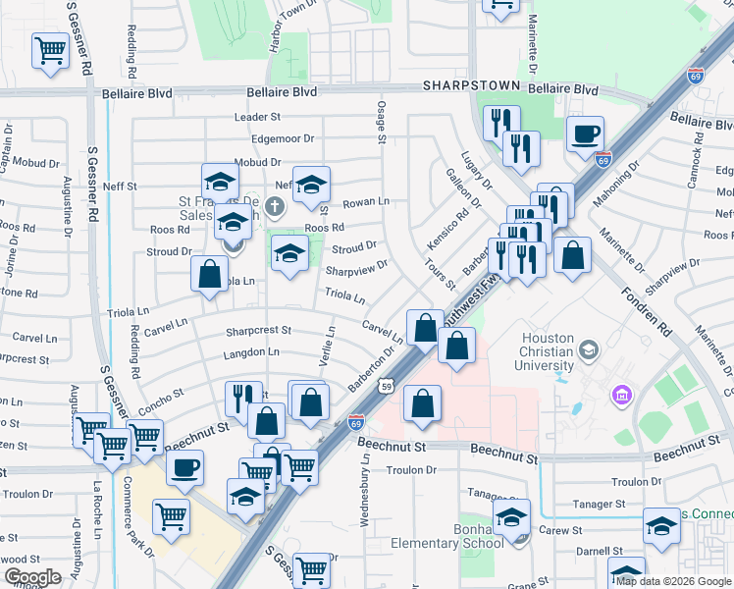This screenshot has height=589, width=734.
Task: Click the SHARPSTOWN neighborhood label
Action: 468,86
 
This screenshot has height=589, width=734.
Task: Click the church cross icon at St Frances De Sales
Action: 275,207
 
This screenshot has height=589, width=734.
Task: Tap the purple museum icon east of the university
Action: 619,396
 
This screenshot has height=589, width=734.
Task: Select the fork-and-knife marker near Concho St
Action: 239,398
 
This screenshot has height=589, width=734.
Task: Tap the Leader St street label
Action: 258,117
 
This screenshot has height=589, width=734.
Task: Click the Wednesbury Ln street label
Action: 365,496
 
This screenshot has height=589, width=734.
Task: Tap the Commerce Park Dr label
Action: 138,516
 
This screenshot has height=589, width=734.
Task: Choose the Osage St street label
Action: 382,126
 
